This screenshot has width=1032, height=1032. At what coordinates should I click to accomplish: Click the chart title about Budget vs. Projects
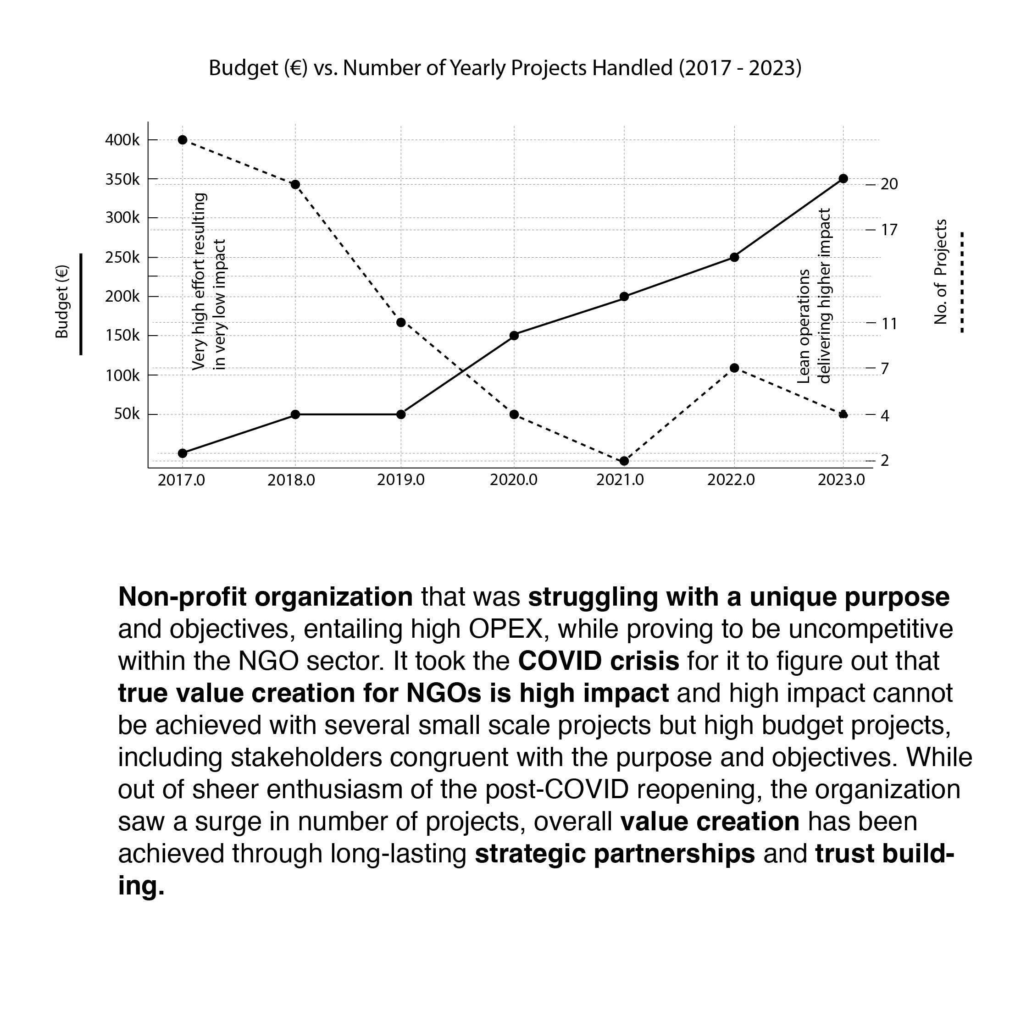(x=505, y=68)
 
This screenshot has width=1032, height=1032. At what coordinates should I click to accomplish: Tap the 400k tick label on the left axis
(x=122, y=140)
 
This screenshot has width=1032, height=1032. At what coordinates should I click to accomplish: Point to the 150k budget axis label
(x=122, y=336)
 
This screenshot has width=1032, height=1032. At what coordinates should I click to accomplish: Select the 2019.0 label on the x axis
(x=401, y=480)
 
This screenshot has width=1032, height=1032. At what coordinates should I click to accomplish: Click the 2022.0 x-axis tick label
(x=731, y=480)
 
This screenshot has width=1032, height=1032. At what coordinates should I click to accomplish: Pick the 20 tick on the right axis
(x=889, y=184)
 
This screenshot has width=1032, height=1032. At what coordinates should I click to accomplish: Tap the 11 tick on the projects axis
(x=889, y=324)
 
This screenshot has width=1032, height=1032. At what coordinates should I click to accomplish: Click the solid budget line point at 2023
(x=843, y=179)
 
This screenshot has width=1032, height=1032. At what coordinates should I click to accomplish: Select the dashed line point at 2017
(x=182, y=140)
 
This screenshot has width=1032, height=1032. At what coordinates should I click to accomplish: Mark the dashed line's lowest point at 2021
(x=624, y=461)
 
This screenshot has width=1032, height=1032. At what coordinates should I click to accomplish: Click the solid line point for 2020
(x=514, y=336)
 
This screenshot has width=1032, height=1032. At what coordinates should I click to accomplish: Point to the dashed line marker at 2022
(x=734, y=368)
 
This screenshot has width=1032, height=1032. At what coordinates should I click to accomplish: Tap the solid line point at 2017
(x=182, y=453)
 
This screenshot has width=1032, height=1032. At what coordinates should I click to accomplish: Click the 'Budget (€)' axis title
(x=62, y=302)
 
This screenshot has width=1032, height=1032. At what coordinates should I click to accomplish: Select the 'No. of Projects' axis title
(x=941, y=272)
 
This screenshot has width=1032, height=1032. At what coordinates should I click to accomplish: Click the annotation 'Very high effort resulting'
(x=199, y=281)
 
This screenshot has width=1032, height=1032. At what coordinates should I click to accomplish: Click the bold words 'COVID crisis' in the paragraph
(x=599, y=661)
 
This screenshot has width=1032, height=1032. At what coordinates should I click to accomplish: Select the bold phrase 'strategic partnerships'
(x=615, y=854)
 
